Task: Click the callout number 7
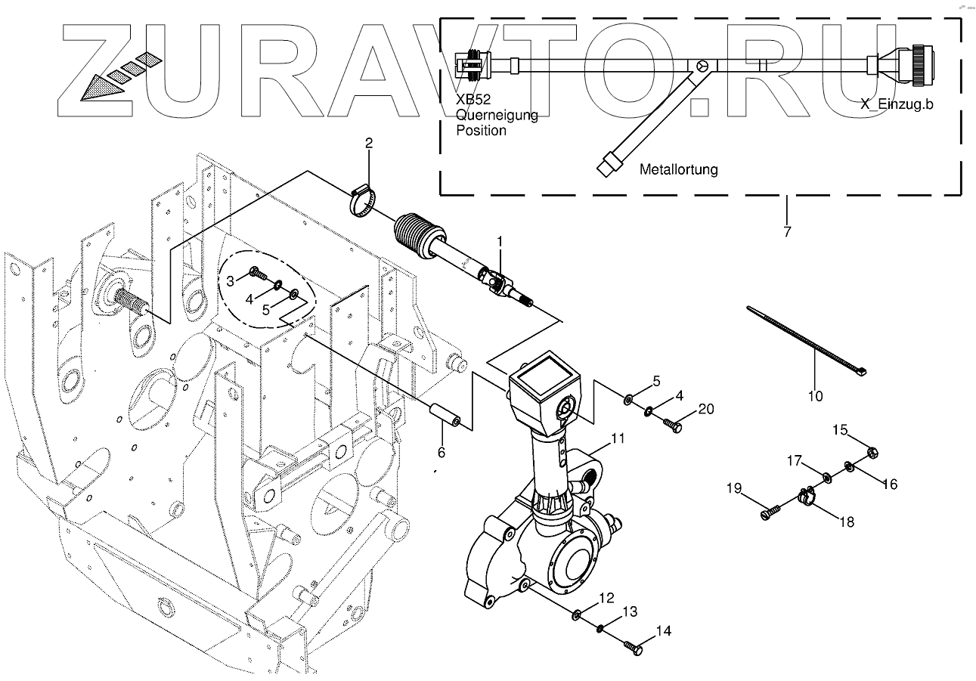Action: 787,231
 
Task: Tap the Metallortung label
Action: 678,170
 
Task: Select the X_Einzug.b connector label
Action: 896,104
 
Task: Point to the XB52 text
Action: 472,100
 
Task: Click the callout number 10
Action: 816,395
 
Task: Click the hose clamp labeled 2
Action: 364,201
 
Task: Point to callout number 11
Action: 618,438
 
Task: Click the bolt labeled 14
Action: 634,646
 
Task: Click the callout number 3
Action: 231,281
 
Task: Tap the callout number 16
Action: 889,484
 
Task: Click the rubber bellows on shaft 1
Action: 416,231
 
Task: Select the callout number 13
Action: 630,611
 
